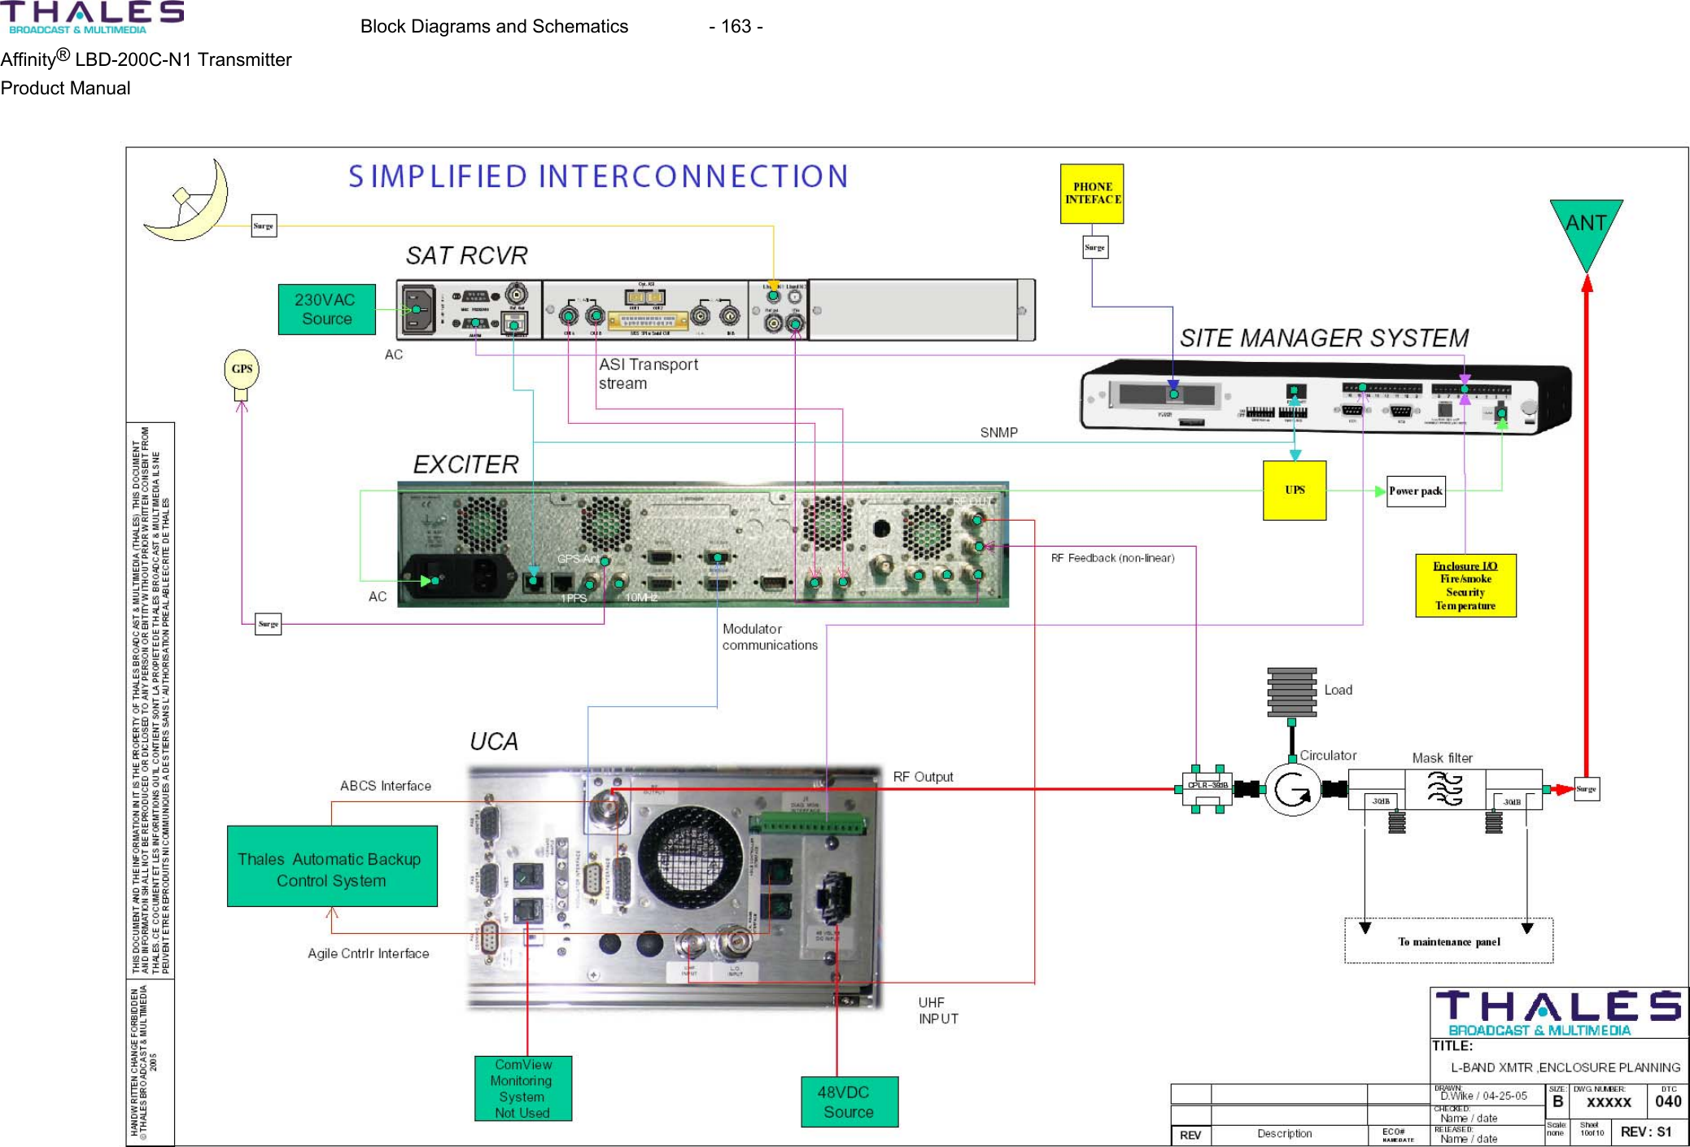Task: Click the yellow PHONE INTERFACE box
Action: coord(1091,194)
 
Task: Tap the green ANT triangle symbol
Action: coord(1586,228)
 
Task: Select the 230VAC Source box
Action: coord(326,309)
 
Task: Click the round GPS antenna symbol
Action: coord(242,369)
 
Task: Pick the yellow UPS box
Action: coord(1294,490)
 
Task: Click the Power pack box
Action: coord(1415,491)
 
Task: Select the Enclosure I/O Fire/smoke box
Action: coord(1465,586)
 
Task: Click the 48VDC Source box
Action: coord(849,1101)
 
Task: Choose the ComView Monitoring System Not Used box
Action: coord(522,1088)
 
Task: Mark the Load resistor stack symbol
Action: coord(1291,691)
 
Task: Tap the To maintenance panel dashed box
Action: coord(1448,941)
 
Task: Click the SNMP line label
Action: coord(998,433)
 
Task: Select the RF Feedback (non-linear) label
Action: coord(1111,558)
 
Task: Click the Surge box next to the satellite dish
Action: coord(264,226)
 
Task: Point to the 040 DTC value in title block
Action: coord(1667,1101)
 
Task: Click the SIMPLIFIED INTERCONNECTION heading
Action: coord(598,177)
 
